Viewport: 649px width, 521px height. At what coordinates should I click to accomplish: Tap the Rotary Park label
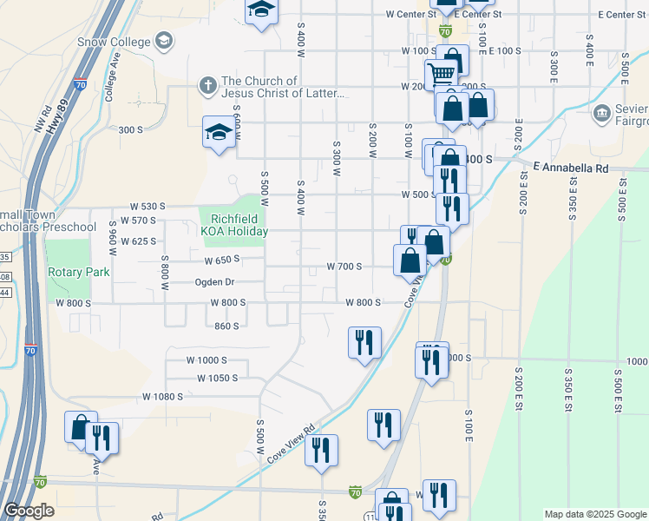click(79, 272)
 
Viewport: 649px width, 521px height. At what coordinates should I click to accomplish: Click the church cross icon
click(207, 86)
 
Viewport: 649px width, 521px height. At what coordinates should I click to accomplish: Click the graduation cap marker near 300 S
click(219, 132)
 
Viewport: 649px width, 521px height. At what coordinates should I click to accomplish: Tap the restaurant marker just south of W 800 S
click(364, 340)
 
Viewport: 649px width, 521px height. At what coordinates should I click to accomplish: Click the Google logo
click(29, 511)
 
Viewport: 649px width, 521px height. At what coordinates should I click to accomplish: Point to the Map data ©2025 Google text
click(594, 514)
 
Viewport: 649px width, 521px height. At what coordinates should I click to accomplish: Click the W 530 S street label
click(147, 207)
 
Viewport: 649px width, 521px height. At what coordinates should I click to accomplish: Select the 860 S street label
click(226, 326)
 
